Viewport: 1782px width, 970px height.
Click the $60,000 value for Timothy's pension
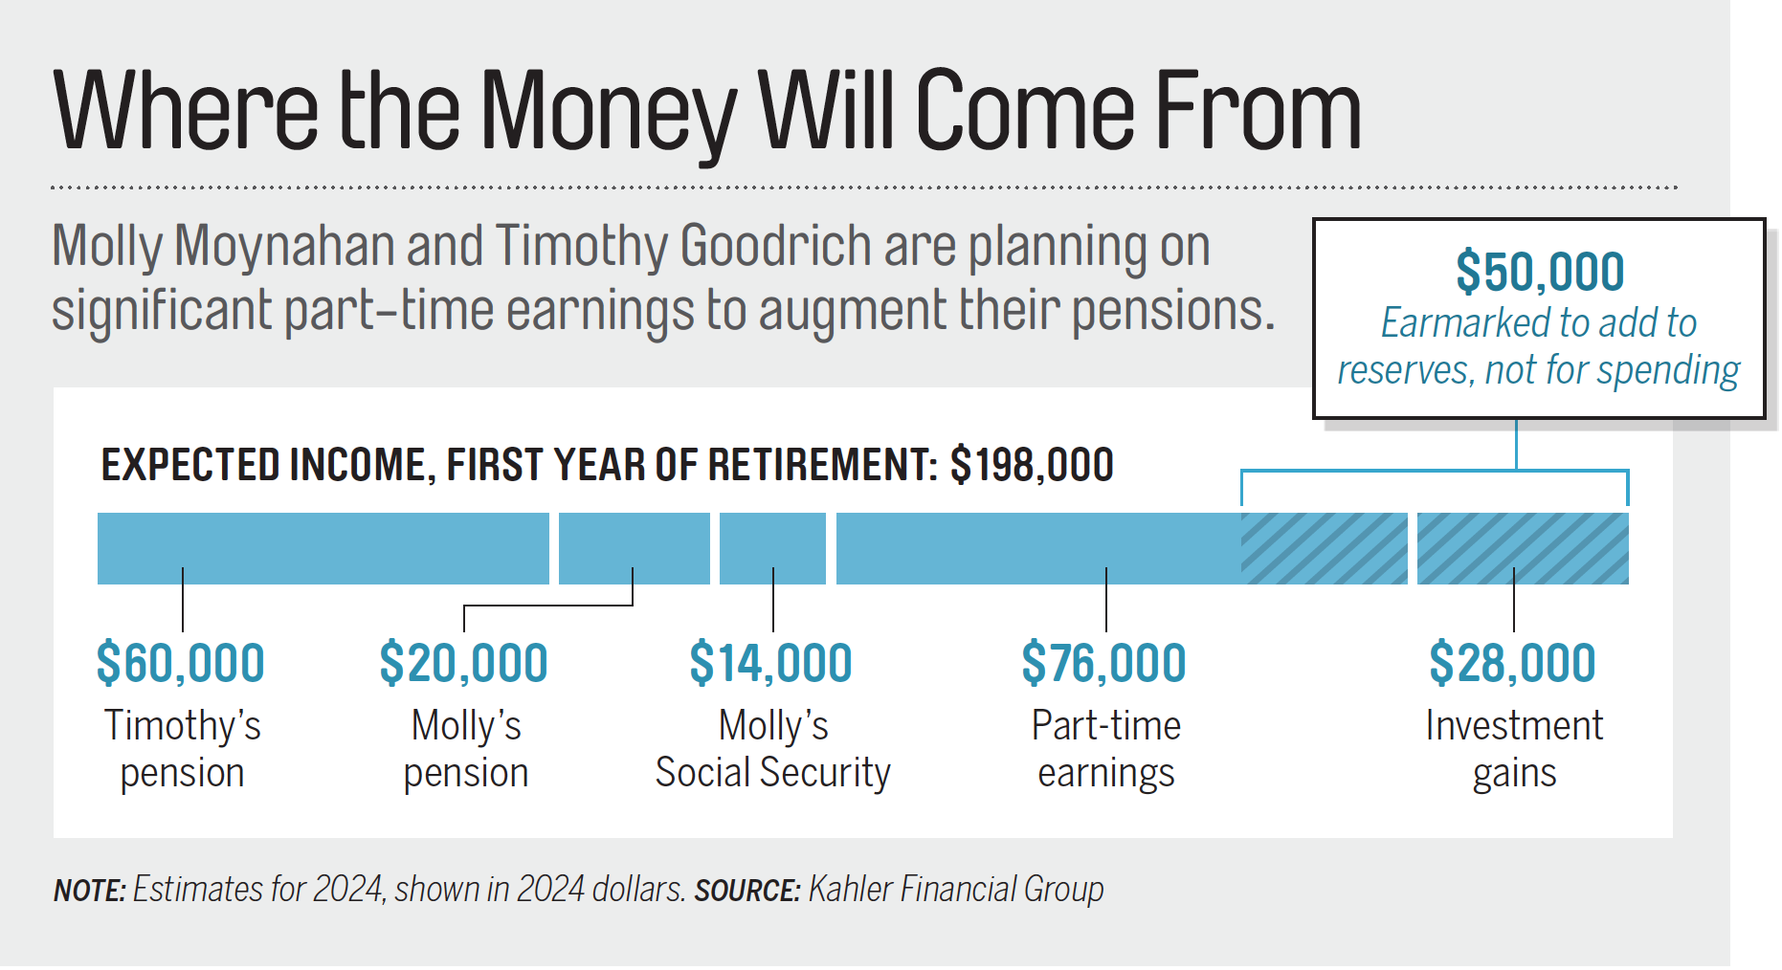[181, 663]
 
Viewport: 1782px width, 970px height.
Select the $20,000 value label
[464, 663]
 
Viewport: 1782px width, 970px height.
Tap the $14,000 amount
[771, 663]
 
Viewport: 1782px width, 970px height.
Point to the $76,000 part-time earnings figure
[1104, 663]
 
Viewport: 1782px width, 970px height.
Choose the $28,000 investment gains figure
[1513, 663]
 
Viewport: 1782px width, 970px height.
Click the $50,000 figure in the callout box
[1540, 272]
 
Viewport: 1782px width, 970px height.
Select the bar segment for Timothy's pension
[323, 548]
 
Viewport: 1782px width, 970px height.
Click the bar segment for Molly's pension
[635, 548]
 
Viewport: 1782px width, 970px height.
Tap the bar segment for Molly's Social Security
[772, 548]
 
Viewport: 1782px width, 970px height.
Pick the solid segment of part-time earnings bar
[1038, 548]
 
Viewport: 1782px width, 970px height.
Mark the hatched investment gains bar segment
[1523, 548]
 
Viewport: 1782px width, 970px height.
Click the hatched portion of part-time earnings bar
[1325, 548]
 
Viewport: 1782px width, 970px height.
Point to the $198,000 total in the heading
[1032, 465]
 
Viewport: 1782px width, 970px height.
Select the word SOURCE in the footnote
[747, 891]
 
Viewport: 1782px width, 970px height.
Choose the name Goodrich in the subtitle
[774, 246]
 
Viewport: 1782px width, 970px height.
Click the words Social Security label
[772, 772]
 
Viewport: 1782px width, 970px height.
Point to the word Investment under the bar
[1514, 725]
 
